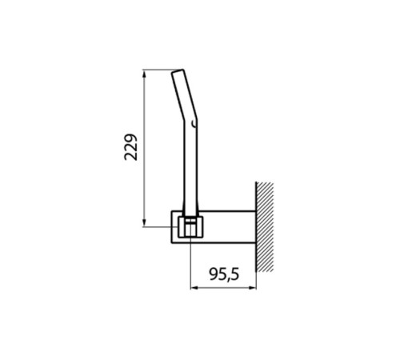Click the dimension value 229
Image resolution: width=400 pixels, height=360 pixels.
[131, 147]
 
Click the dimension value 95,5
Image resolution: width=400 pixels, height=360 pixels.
[224, 274]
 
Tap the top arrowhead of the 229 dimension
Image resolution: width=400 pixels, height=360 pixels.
[144, 74]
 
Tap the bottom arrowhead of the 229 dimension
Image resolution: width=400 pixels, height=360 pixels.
[144, 222]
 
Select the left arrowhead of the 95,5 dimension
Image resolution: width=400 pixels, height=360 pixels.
[194, 288]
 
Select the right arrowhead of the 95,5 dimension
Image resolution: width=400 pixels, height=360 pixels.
[252, 288]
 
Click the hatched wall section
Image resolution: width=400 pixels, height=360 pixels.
[265, 226]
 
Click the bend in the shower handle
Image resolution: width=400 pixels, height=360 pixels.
[190, 118]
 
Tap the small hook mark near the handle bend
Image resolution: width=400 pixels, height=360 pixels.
[194, 123]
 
